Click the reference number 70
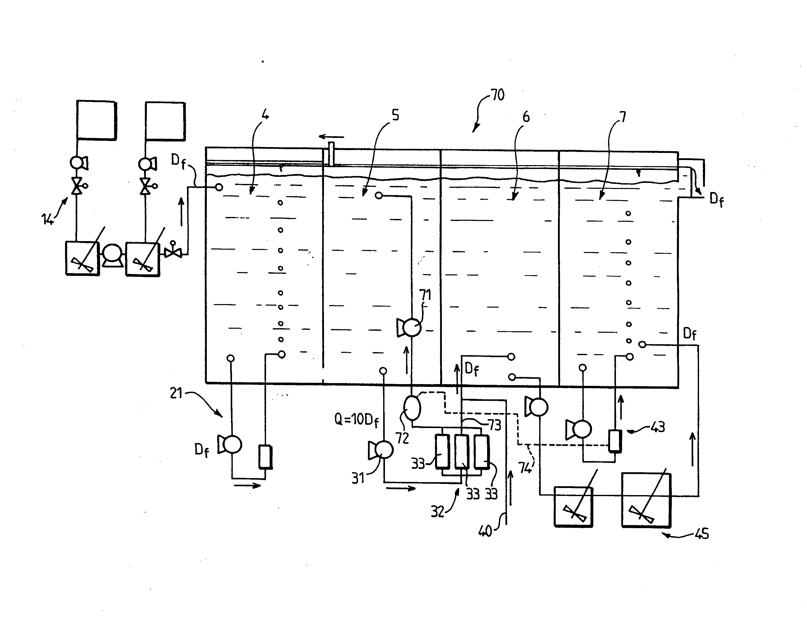[498, 95]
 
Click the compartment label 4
[265, 115]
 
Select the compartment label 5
[396, 115]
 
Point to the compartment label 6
[526, 117]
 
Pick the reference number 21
[176, 393]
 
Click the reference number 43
[657, 427]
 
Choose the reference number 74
[525, 468]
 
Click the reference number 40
[485, 531]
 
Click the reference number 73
[494, 425]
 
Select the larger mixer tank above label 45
[646, 500]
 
